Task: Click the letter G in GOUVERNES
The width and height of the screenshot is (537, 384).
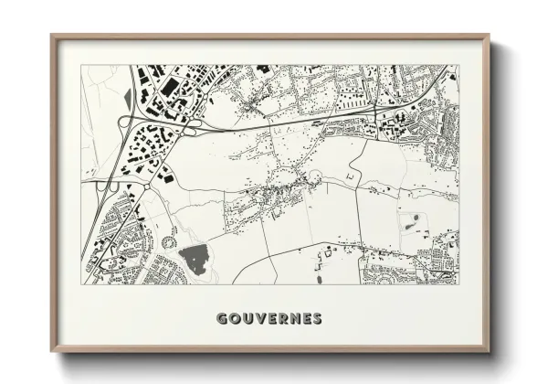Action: point(222,319)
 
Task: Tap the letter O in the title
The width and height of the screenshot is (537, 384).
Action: point(235,319)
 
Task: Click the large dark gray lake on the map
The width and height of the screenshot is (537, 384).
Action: point(195,259)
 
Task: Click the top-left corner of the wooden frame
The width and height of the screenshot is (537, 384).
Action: point(52,36)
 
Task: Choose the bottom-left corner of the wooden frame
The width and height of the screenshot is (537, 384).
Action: point(52,353)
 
